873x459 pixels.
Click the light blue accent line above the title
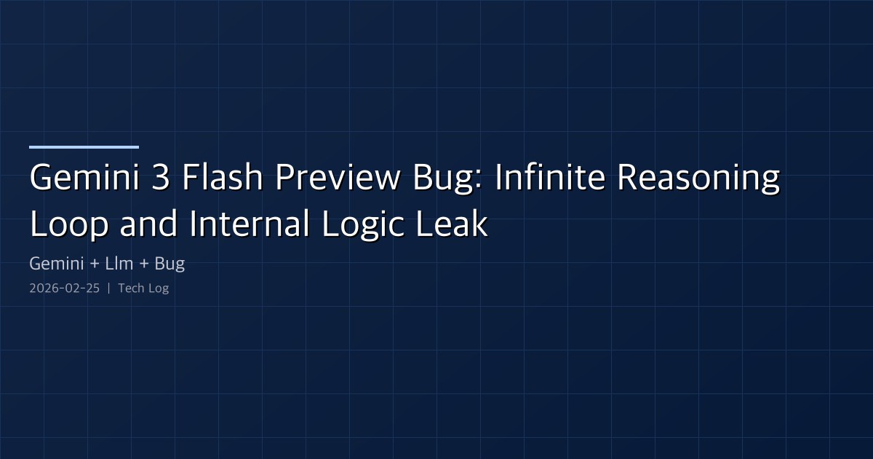pyautogui.click(x=84, y=147)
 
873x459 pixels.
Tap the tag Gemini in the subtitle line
pyautogui.click(x=55, y=264)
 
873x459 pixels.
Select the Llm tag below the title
pyautogui.click(x=119, y=264)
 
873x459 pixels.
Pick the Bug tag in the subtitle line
pyautogui.click(x=170, y=264)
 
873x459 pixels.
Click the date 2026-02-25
pyautogui.click(x=64, y=289)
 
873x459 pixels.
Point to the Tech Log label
pyautogui.click(x=143, y=289)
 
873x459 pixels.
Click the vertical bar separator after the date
pyautogui.click(x=108, y=289)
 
